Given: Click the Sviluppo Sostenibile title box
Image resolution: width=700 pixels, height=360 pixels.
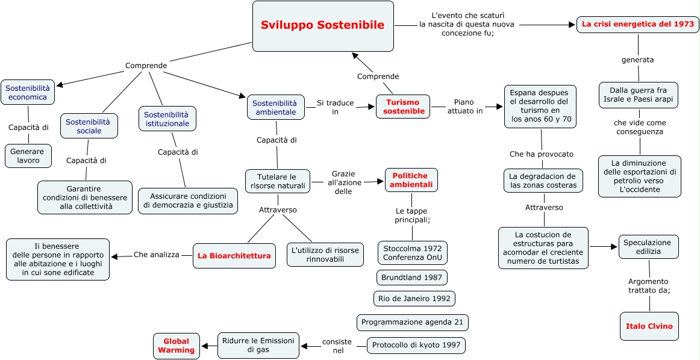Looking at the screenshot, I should point(323,26).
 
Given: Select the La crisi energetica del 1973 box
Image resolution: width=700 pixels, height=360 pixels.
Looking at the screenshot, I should point(639,25).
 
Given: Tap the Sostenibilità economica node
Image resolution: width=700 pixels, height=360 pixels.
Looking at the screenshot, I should point(27,92).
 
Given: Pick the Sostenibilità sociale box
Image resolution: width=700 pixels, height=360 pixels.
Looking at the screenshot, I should point(89,126).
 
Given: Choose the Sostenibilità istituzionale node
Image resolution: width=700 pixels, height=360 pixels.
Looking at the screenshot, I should point(167,119).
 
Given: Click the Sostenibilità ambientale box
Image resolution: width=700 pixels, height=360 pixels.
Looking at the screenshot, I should point(275,107).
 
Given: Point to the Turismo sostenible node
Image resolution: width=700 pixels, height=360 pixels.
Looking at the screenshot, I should point(402,107).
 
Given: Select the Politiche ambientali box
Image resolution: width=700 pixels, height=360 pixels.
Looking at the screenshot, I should point(411,180).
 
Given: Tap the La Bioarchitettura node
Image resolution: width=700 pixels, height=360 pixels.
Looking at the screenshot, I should point(234,256).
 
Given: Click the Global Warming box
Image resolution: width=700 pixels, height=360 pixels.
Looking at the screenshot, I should point(177,346).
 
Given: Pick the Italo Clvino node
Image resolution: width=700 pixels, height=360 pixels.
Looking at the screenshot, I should point(649,326).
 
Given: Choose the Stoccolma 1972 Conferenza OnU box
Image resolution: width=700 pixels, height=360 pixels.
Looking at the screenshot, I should point(413,253).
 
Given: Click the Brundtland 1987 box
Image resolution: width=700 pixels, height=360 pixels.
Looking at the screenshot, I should point(412,278).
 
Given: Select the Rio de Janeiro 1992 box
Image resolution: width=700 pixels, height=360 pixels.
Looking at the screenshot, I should point(414,298).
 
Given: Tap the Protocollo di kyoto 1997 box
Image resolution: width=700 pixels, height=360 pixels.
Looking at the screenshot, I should point(416,345).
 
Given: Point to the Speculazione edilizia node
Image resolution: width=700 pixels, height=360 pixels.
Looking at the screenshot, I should point(649,247).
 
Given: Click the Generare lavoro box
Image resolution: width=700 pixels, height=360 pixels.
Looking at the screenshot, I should point(28,156).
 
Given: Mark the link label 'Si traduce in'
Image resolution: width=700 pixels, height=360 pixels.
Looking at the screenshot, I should point(336,107).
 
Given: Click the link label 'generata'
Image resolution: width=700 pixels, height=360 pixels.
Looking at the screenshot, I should point(637,60).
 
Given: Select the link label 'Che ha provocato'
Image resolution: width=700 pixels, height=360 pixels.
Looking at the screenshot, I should point(541,154).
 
